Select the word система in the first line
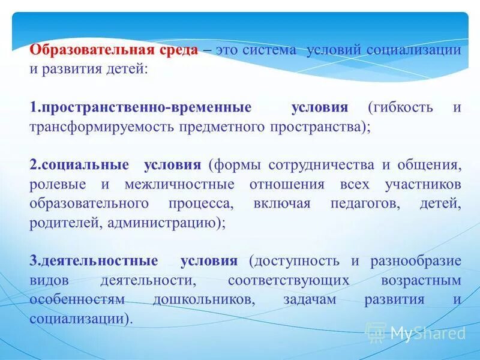coord(270,50)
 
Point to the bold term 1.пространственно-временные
coord(140,108)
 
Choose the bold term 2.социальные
coord(79,165)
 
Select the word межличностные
coord(180,184)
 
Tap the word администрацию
coord(159,223)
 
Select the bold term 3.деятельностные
coord(94,261)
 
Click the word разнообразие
coord(415,261)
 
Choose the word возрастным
coord(421,280)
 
